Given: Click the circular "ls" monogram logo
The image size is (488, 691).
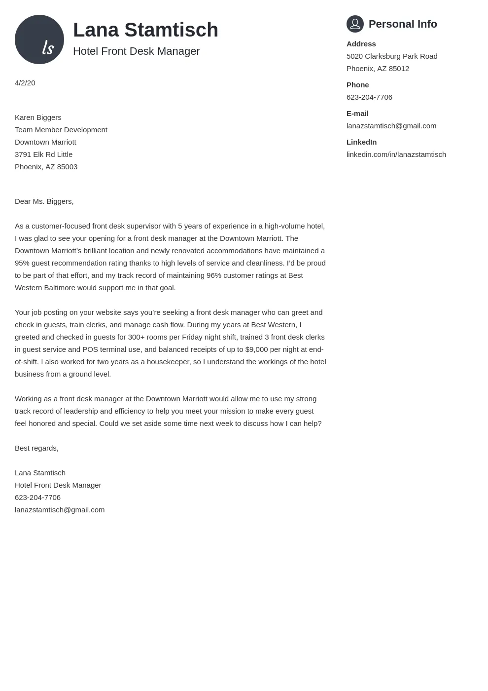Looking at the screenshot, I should pyautogui.click(x=39, y=39).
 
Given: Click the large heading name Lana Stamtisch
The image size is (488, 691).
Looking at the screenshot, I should pyautogui.click(x=145, y=30).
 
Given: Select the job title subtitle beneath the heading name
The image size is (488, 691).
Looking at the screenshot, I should pyautogui.click(x=136, y=51).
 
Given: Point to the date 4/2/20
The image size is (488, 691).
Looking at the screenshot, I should pyautogui.click(x=25, y=83).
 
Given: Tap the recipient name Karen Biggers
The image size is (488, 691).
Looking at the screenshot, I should pyautogui.click(x=38, y=117).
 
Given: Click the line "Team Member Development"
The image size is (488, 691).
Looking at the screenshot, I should pyautogui.click(x=61, y=130).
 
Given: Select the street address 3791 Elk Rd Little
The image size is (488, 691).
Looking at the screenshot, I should pyautogui.click(x=43, y=154).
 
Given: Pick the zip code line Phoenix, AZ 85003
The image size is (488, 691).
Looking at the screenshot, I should pyautogui.click(x=46, y=167).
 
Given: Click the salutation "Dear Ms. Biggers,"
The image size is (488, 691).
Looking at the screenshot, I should pyautogui.click(x=44, y=201).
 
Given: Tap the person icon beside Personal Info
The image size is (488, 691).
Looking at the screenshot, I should pyautogui.click(x=355, y=24).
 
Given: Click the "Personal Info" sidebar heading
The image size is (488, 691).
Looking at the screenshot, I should pyautogui.click(x=403, y=24).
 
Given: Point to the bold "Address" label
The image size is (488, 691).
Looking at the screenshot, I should pyautogui.click(x=361, y=44).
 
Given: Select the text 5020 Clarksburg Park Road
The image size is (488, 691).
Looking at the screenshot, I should pyautogui.click(x=392, y=56).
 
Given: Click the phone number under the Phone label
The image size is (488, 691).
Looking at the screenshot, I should pyautogui.click(x=369, y=97).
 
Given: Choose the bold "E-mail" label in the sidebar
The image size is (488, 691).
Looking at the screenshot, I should pyautogui.click(x=357, y=114).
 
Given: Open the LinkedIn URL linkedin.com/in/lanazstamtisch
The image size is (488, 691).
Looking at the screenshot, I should pyautogui.click(x=396, y=154).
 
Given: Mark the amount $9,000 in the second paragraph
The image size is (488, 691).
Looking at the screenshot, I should pyautogui.click(x=256, y=349).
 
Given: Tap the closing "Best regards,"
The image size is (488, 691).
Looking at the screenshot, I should pyautogui.click(x=36, y=448).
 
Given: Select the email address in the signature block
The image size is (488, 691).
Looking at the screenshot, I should pyautogui.click(x=60, y=510).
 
